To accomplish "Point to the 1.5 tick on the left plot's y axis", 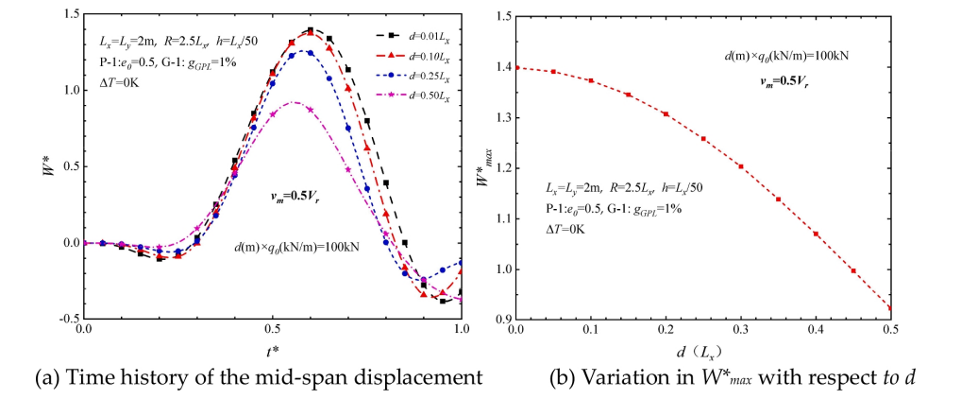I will [70, 15].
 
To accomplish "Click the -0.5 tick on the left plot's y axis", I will [68, 319].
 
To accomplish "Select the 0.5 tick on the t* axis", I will [272, 331].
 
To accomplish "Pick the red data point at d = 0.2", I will [666, 114].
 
